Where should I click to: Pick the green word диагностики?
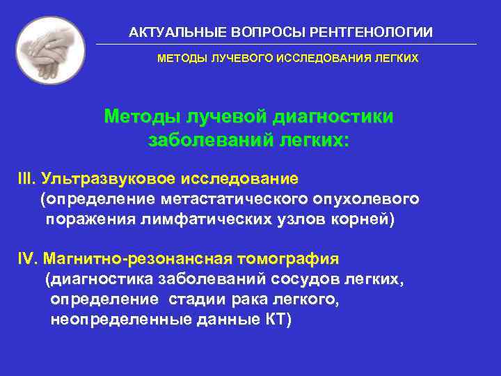335,116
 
